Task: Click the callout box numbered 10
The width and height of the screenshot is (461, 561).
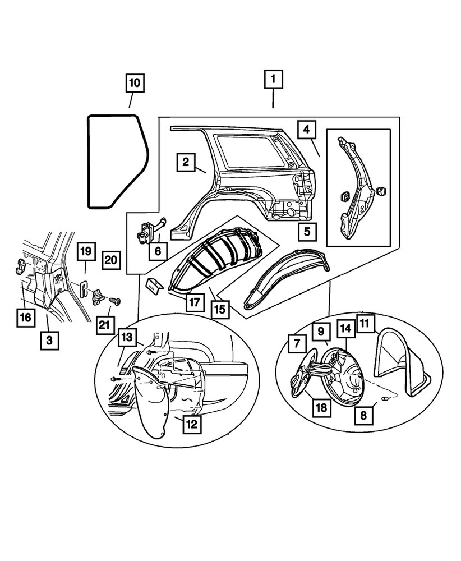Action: click(134, 84)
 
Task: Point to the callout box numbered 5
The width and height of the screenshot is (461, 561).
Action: click(306, 229)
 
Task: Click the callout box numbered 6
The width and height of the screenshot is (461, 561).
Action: click(158, 252)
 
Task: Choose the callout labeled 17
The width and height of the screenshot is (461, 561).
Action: click(194, 302)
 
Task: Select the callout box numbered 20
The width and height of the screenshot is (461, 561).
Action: click(111, 259)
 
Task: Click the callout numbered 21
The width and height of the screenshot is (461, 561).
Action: click(104, 324)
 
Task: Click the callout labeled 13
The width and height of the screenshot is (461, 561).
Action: click(127, 338)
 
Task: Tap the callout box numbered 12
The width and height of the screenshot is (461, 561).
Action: click(192, 424)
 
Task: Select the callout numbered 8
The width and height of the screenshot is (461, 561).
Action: click(365, 417)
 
